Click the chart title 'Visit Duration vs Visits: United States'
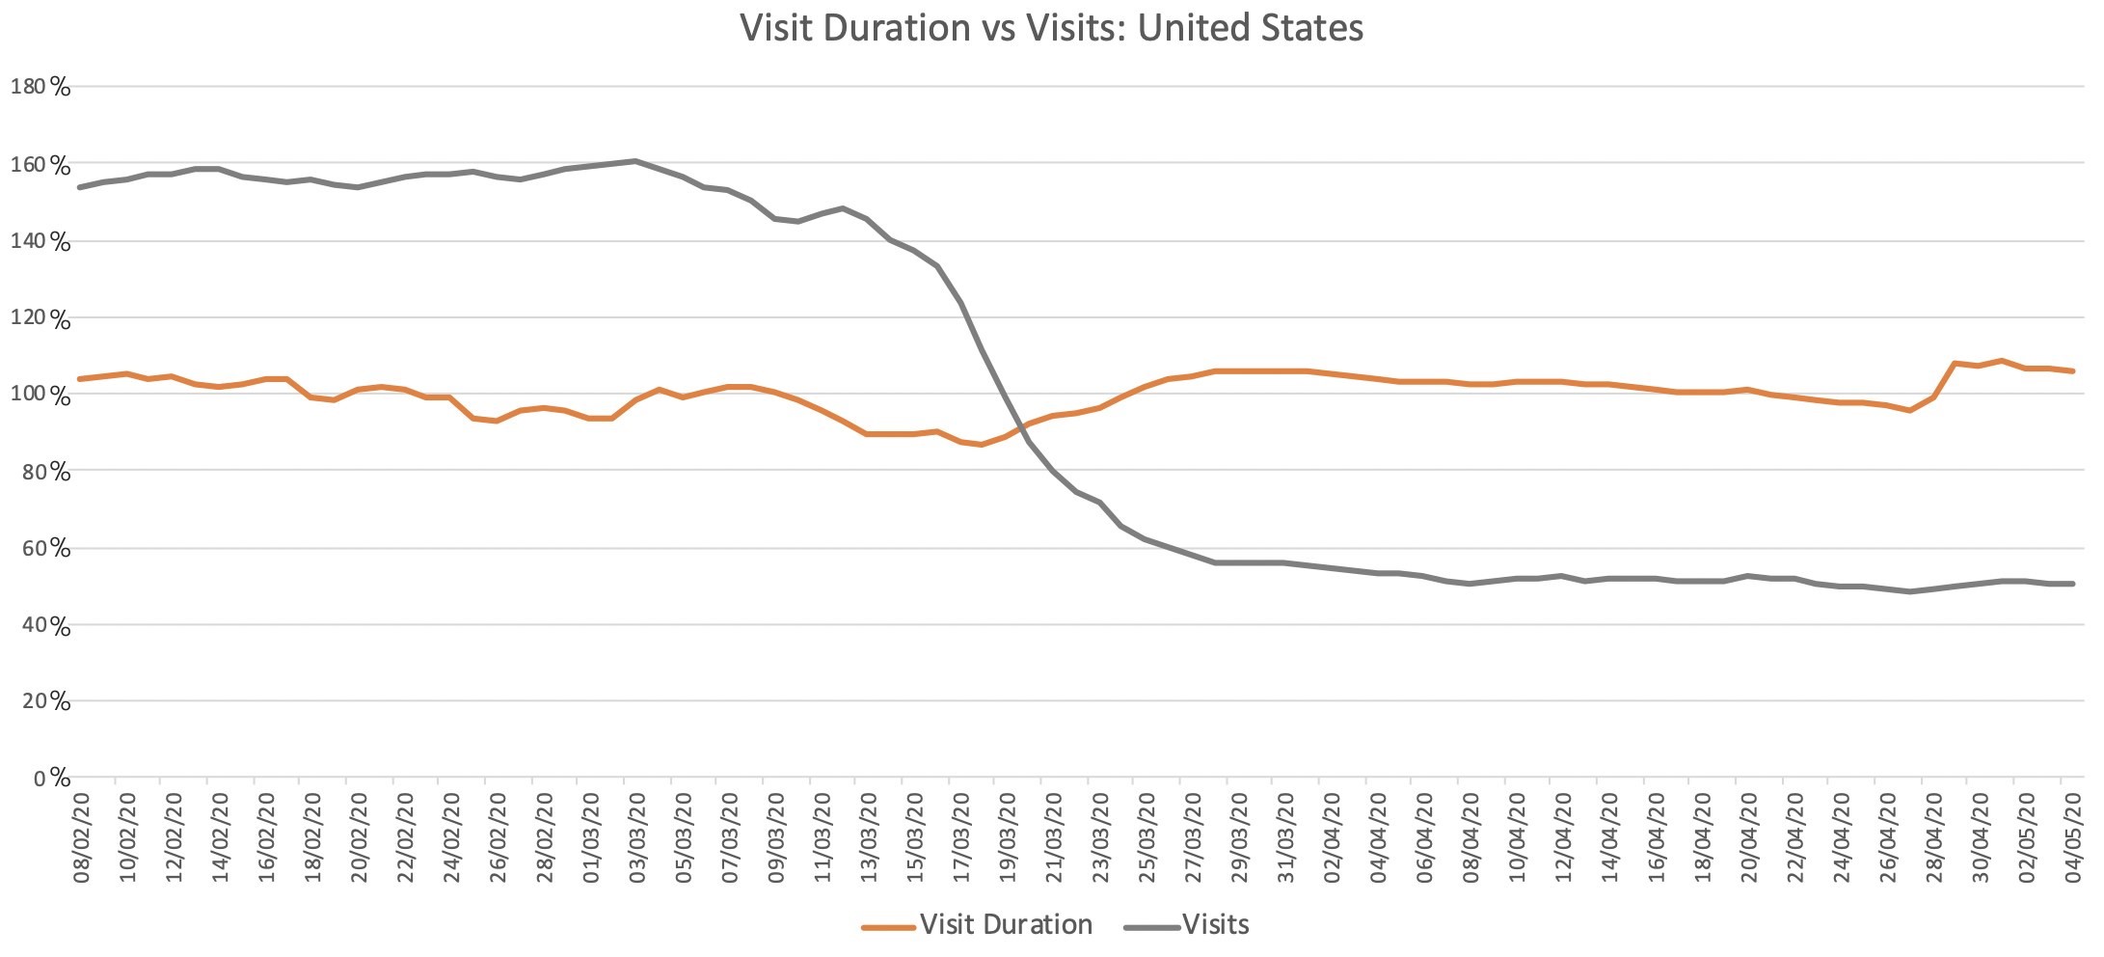[x=1051, y=27]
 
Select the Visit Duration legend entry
[x=1005, y=924]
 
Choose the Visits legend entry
[x=1215, y=924]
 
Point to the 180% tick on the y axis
[x=40, y=87]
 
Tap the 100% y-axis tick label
[x=40, y=395]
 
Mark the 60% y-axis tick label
[x=46, y=548]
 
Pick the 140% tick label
[x=40, y=241]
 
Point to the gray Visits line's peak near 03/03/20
[x=635, y=160]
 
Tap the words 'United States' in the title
[x=1251, y=27]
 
